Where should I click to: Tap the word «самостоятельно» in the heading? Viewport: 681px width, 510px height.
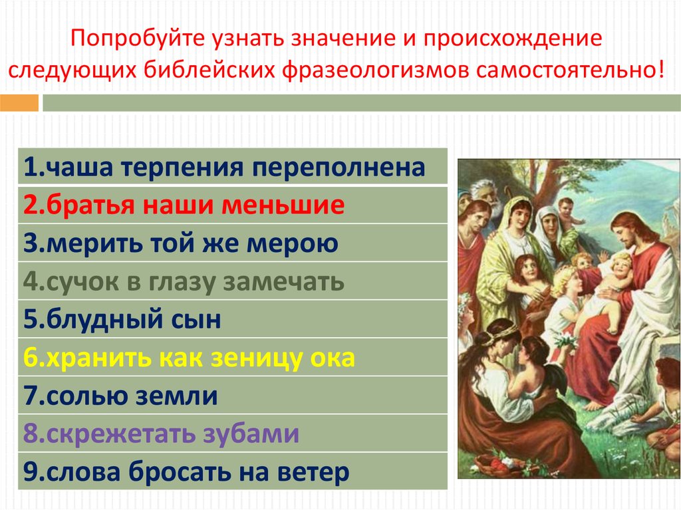point(566,70)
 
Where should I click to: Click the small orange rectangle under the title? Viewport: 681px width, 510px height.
point(19,103)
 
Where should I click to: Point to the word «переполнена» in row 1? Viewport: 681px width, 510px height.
point(339,168)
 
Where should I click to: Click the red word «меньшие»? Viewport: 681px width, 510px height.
point(283,205)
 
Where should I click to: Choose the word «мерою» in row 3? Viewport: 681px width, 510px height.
point(293,244)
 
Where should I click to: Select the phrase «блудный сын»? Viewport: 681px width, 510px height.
point(134,319)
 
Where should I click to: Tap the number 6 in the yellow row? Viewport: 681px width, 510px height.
point(31,358)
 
